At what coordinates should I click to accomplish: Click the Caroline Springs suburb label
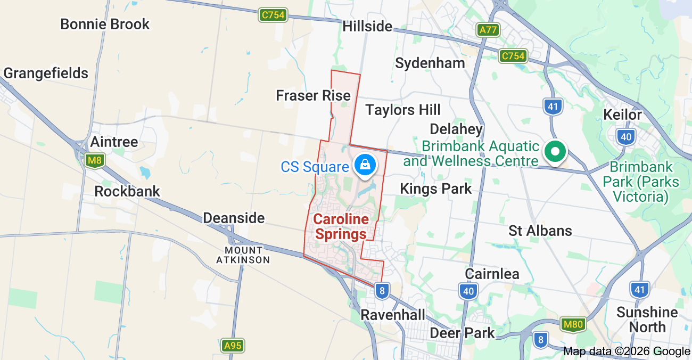[341, 227]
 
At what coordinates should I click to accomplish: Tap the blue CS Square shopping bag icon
[366, 165]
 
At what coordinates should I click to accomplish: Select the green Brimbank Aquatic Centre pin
[555, 151]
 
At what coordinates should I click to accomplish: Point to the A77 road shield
[488, 30]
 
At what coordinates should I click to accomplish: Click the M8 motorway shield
[95, 160]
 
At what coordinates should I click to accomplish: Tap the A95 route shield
[233, 346]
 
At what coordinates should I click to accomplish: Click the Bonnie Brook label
[105, 24]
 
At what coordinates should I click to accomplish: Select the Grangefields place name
[46, 73]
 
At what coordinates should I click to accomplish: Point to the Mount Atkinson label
[243, 255]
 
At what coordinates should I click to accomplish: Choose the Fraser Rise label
[313, 95]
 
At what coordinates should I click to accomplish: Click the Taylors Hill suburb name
[403, 110]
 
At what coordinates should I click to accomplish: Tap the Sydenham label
[430, 63]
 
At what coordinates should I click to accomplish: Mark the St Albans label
[540, 231]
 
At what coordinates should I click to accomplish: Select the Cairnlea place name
[492, 274]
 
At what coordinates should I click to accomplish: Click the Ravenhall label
[393, 315]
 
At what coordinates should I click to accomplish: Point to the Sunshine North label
[647, 320]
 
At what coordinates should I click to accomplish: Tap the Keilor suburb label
[622, 114]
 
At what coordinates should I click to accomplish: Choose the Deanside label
[234, 218]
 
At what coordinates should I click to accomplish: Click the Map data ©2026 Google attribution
[627, 351]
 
